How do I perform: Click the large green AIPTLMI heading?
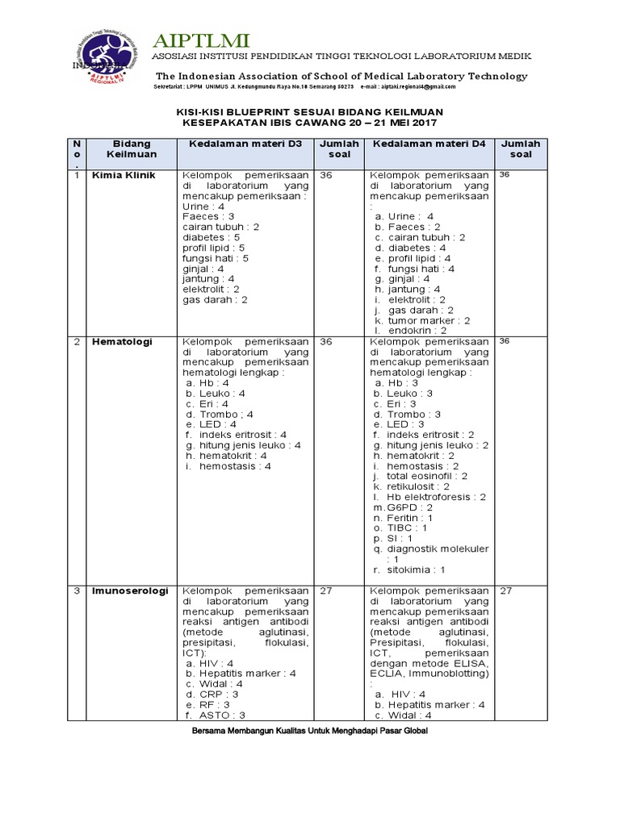[x=201, y=40]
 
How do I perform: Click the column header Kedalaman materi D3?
[x=245, y=144]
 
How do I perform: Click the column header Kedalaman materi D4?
[x=428, y=144]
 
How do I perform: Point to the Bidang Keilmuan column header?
[x=132, y=148]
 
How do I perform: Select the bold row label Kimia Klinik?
[x=124, y=175]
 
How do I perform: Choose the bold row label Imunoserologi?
[x=130, y=590]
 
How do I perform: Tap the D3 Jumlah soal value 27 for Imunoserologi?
[x=326, y=590]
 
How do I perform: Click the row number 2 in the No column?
[x=77, y=341]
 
